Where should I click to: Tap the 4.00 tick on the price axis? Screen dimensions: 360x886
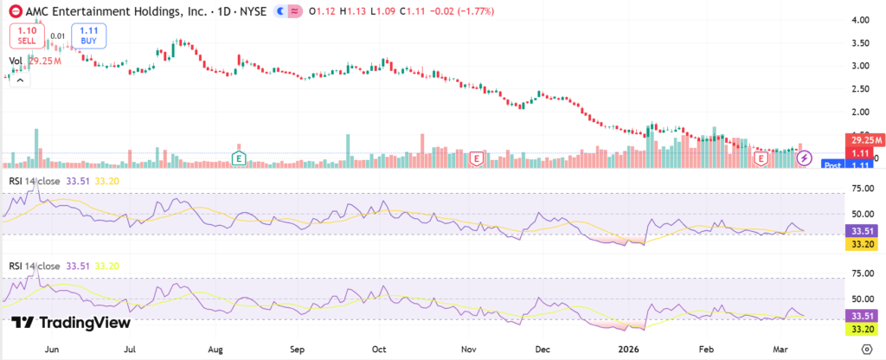point(860,19)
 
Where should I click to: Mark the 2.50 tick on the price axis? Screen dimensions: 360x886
point(860,89)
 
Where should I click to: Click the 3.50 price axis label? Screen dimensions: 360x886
point(860,42)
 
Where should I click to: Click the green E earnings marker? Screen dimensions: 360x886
point(240,158)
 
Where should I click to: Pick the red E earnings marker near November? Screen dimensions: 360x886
point(475,158)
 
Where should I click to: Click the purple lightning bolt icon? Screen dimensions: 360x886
point(804,158)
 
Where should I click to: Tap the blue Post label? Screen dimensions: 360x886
point(832,164)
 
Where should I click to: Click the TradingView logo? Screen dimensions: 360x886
point(72,323)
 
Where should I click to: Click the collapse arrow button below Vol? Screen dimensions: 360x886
point(17,78)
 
